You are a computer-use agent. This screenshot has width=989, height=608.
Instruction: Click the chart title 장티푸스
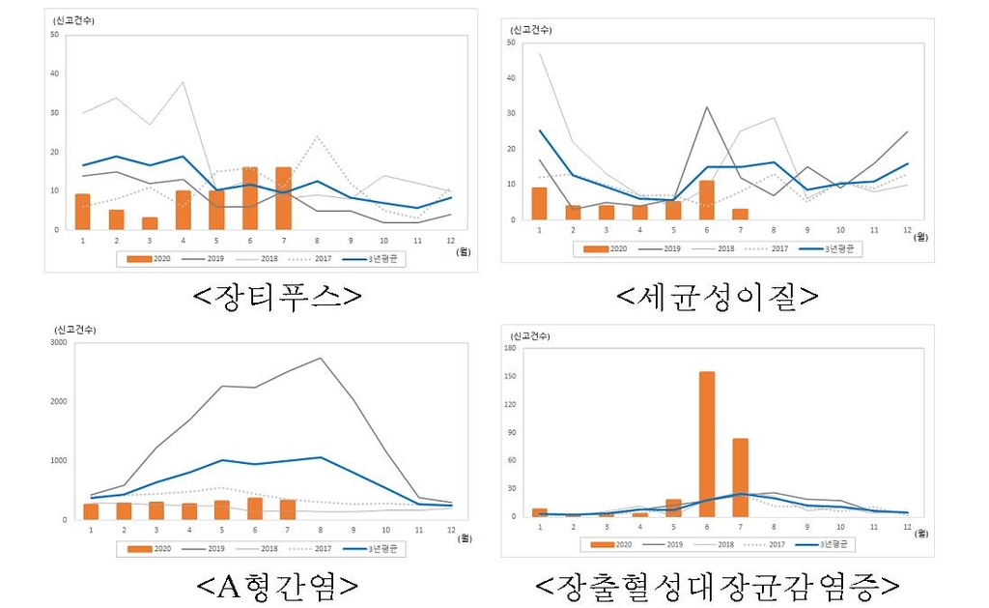278,294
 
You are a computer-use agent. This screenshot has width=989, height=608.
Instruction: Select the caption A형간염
277,585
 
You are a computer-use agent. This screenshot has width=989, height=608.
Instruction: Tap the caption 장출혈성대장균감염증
717,585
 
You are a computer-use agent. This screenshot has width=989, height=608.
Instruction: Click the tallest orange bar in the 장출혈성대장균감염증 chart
706,444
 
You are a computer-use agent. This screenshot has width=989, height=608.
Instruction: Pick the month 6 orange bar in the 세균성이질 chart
706,200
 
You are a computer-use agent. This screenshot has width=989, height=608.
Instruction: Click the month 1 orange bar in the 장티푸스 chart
83,212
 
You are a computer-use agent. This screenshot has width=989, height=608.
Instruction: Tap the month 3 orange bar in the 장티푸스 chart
149,223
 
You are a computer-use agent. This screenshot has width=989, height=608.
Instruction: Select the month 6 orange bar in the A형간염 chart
254,508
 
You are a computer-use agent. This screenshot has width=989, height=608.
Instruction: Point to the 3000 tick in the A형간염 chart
59,342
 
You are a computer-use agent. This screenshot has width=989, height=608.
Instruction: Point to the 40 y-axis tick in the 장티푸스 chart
54,73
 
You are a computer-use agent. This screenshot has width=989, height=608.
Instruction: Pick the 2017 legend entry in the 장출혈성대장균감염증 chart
768,544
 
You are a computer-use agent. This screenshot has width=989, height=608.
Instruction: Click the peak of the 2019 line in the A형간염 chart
320,358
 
